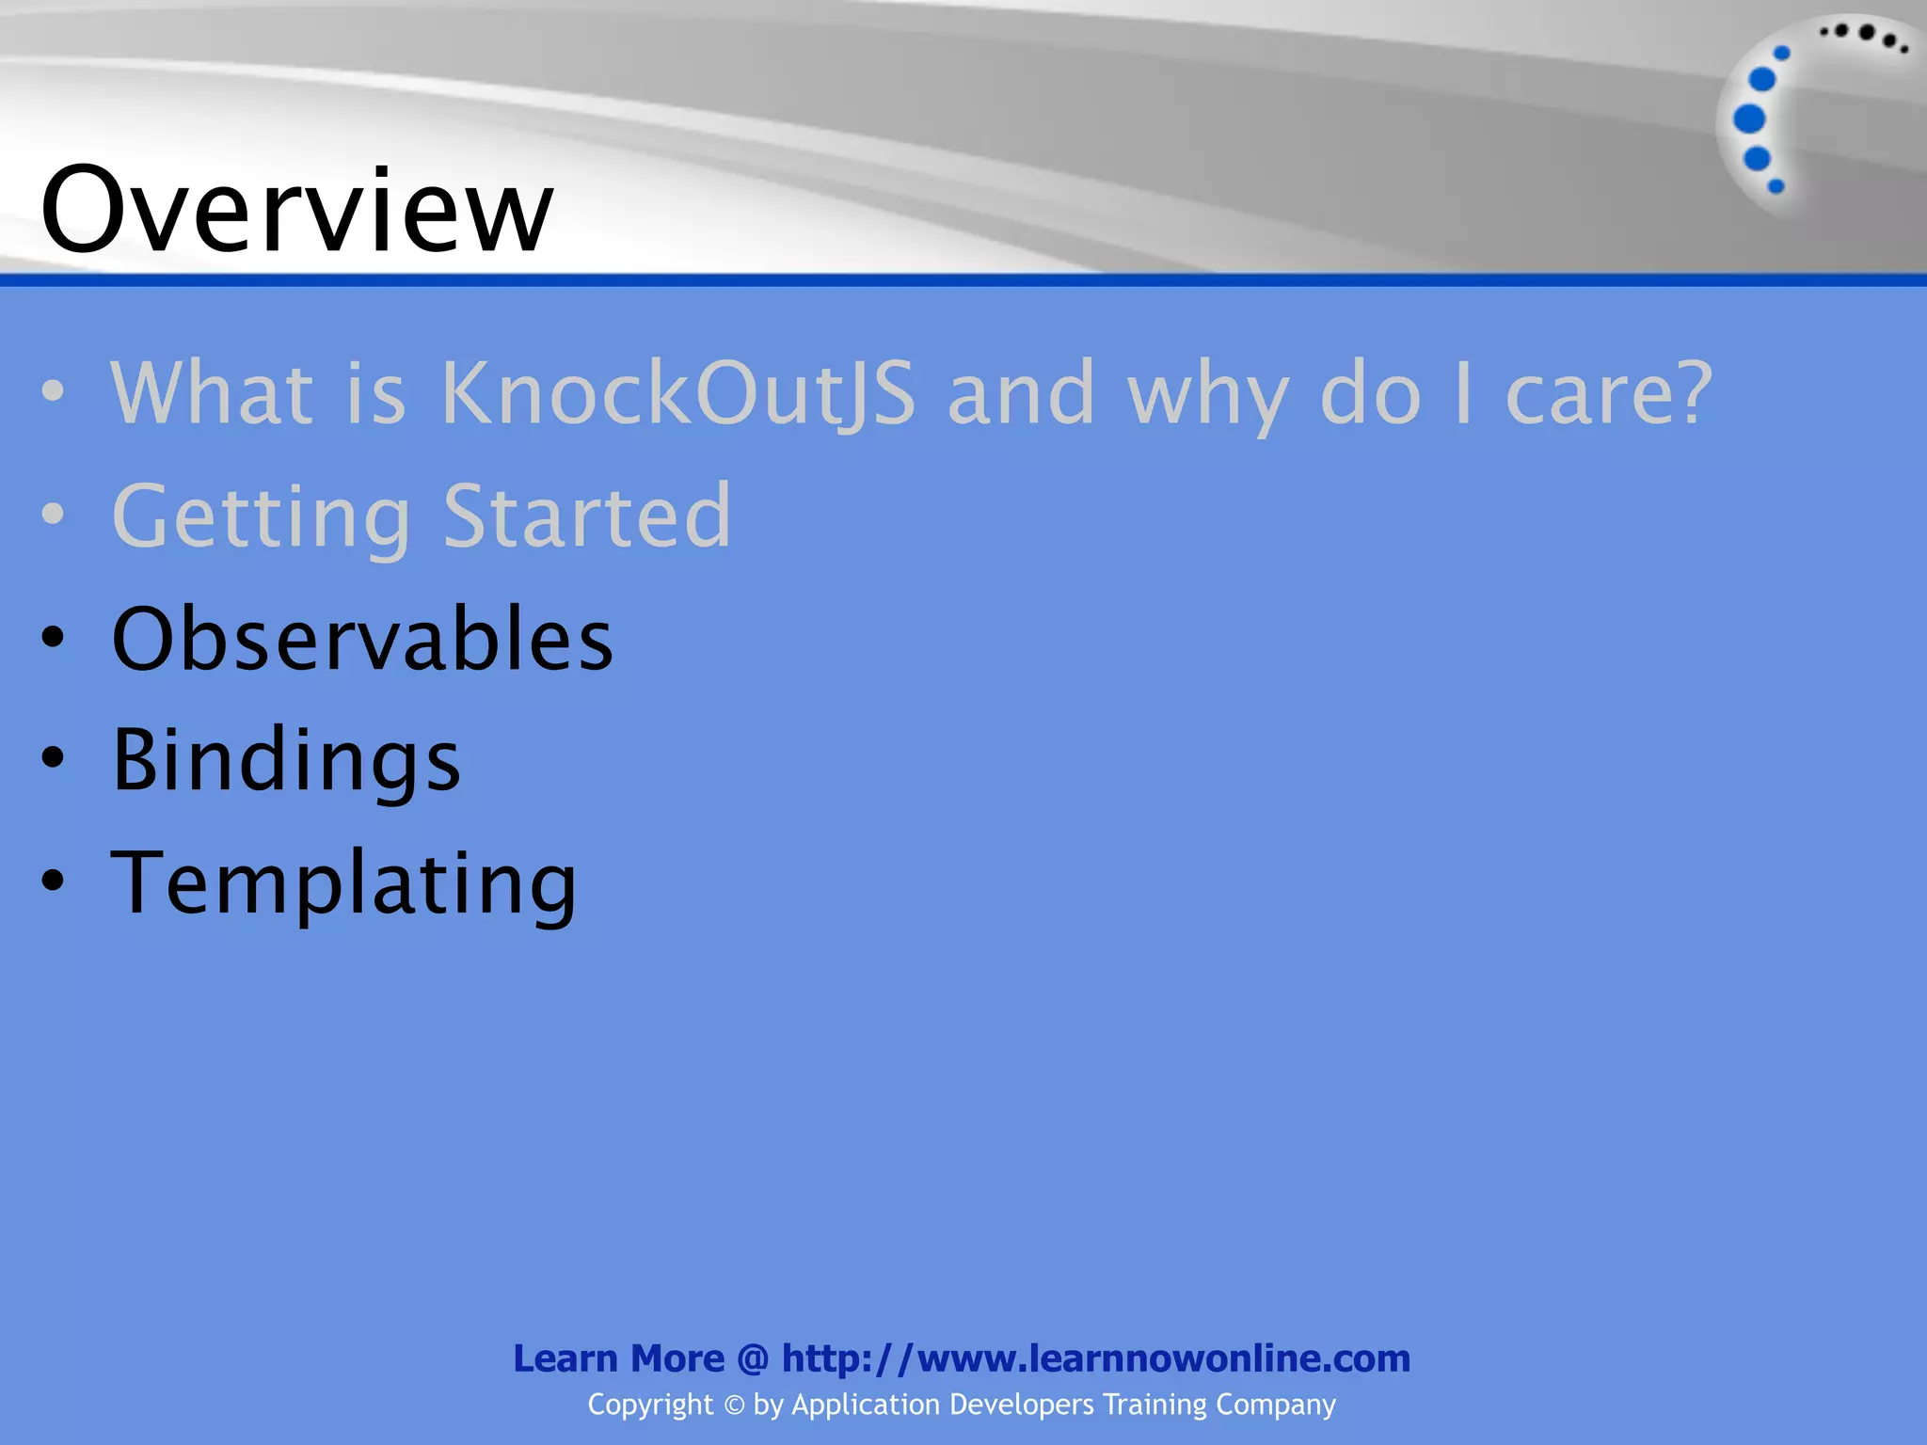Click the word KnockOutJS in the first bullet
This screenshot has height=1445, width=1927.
(x=677, y=393)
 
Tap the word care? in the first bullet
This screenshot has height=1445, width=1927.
(x=1609, y=393)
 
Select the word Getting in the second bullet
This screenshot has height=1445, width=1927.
(x=262, y=517)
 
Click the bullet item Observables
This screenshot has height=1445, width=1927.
(x=362, y=639)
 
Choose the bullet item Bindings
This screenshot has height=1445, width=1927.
(x=286, y=760)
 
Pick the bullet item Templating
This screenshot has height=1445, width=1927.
(x=343, y=882)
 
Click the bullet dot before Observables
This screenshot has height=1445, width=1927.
(x=54, y=639)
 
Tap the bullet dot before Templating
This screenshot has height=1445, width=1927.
(x=54, y=881)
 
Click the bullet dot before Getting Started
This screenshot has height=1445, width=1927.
(x=54, y=515)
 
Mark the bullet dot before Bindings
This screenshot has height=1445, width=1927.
(x=54, y=758)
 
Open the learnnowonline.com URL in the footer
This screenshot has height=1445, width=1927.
(x=1096, y=1358)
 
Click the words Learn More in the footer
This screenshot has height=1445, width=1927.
(x=618, y=1358)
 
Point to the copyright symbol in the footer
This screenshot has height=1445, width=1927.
(x=733, y=1405)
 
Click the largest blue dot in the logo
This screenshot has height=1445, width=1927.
(x=1749, y=119)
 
